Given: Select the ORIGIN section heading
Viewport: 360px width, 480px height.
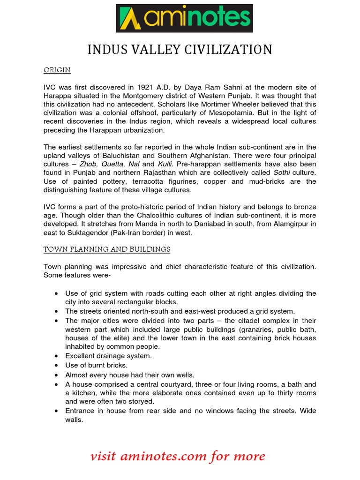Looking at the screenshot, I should pos(57,70).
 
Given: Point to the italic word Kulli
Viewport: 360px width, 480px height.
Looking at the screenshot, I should pos(165,164).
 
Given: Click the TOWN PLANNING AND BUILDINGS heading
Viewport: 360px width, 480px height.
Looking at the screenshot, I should pos(107,249).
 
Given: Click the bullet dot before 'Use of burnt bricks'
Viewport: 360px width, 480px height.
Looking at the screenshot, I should pos(56,365).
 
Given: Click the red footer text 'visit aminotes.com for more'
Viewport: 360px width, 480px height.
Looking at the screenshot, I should pos(178,456).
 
